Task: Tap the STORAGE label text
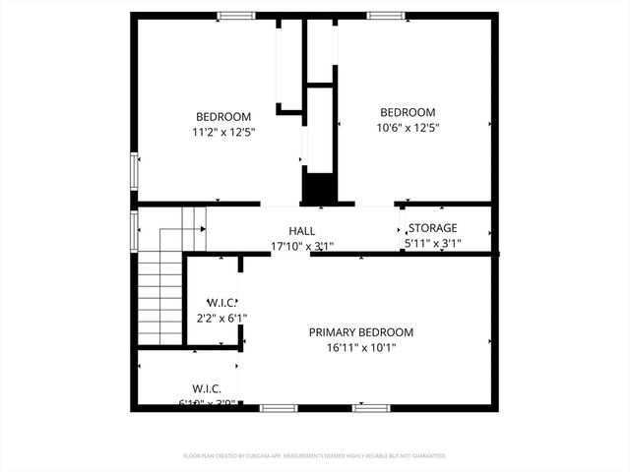[x=433, y=228]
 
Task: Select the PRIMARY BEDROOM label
[x=361, y=332]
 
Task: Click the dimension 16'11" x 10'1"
[x=361, y=347]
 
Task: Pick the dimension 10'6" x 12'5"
[x=408, y=127]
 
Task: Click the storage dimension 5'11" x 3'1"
[x=433, y=243]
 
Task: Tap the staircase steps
[x=159, y=296]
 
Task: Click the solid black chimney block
[x=317, y=188]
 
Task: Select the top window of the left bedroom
[x=234, y=16]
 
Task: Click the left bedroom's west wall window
[x=135, y=169]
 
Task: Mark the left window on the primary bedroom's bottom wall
[x=279, y=407]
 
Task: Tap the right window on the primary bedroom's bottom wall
[x=371, y=407]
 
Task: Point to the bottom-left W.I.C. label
[x=207, y=389]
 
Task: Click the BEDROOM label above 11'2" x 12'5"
[x=223, y=116]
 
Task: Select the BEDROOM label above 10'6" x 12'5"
[x=408, y=112]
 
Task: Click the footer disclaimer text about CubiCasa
[x=315, y=456]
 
